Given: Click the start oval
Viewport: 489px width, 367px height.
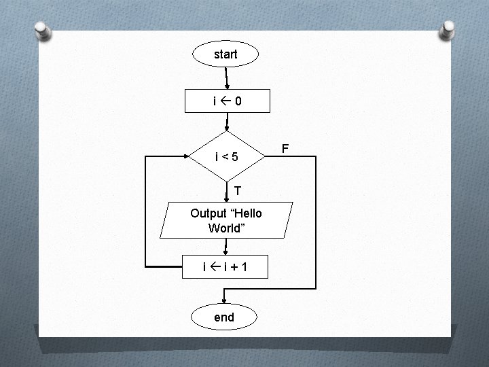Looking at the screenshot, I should (x=225, y=54).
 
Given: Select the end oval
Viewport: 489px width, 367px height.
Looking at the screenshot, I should (x=223, y=317).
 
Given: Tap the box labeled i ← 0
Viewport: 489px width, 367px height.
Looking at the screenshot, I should (x=228, y=101).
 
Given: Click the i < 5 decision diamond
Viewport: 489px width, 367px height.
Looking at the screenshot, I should (x=226, y=157).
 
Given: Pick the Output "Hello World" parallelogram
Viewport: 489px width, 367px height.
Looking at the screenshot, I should (x=226, y=220).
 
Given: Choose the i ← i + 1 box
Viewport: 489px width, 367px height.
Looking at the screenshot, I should (x=224, y=266).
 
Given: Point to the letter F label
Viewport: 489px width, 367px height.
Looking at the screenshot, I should (x=285, y=148).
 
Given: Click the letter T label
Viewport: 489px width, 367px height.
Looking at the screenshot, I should (x=238, y=189).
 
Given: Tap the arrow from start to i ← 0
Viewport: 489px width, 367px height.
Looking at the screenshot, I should (x=226, y=77).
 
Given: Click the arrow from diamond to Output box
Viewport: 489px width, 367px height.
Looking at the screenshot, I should (x=227, y=192).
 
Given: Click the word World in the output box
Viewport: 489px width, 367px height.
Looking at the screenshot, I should (x=225, y=228).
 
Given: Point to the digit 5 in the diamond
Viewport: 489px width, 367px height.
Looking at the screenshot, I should (x=234, y=158).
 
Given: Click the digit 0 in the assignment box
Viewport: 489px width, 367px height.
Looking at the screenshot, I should (x=238, y=101).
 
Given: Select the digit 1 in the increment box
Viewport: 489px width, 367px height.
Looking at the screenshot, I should (x=243, y=266).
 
